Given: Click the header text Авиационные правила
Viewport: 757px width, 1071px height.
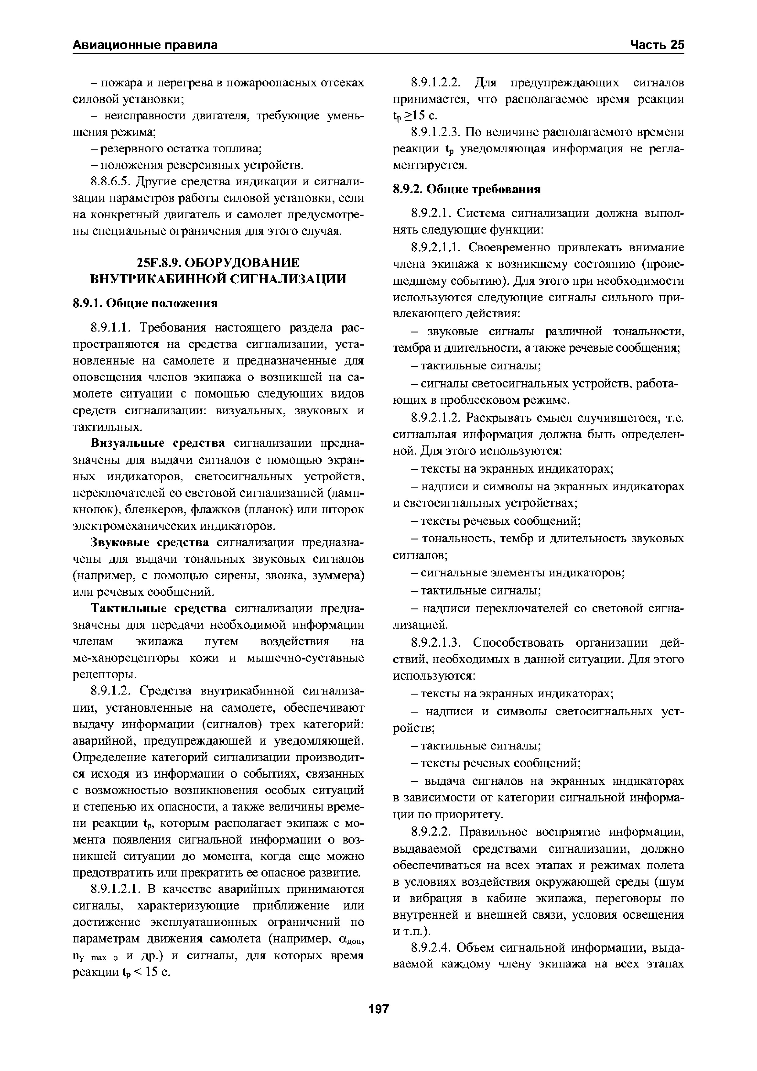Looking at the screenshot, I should tap(145, 45).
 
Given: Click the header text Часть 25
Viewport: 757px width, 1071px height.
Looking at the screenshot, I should tap(657, 45).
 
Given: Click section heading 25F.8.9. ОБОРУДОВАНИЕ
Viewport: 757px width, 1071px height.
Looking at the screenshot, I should tap(218, 263).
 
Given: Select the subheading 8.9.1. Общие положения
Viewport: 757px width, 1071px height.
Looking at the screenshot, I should tap(146, 303).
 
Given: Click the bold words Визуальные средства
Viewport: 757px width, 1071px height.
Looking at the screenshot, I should tap(158, 443).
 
